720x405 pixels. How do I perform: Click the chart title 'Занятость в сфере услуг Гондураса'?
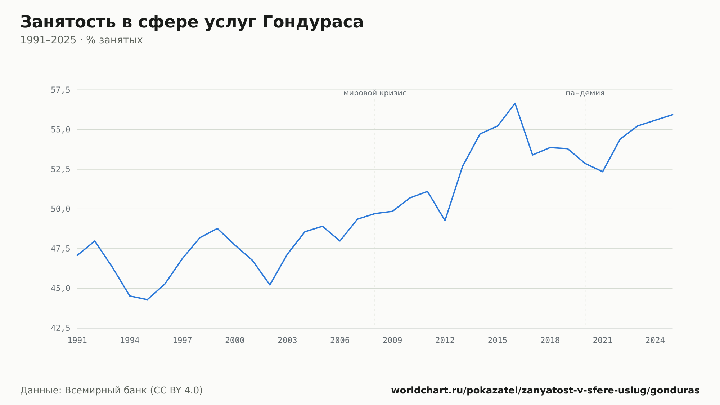coord(192,22)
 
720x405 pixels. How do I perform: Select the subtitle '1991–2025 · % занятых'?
coord(81,40)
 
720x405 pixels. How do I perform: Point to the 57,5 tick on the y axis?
coord(60,90)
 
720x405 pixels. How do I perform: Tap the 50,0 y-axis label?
coord(60,209)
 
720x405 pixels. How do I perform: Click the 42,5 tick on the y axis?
coord(60,328)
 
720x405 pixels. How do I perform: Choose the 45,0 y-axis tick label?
coord(60,288)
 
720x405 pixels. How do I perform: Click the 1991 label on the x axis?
coord(77,341)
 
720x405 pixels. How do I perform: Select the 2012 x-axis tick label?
coord(445,341)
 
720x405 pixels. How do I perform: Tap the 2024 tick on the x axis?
coord(655,341)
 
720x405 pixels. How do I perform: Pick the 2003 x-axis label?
coord(287,341)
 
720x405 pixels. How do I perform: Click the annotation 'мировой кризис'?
coord(375,93)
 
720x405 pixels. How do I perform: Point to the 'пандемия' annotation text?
coord(585,93)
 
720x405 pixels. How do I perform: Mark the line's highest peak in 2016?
coord(515,103)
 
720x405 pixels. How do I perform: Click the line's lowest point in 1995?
coord(147,299)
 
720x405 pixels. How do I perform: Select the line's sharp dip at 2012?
coord(445,221)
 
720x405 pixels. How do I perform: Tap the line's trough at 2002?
coord(270,285)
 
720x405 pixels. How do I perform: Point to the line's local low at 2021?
coord(602,172)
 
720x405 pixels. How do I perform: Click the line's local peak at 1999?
coord(217,228)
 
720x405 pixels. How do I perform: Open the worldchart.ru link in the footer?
coord(545,391)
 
